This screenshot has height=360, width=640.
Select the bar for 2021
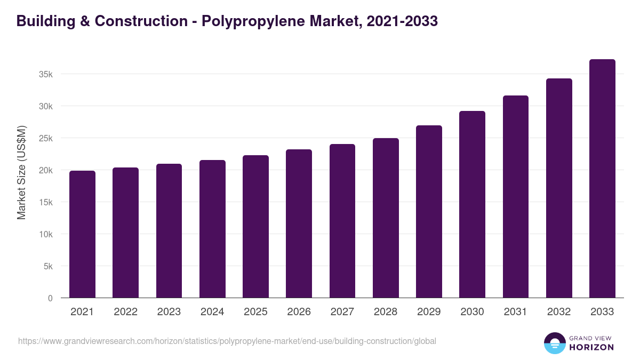click(82, 235)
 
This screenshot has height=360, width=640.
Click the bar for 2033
click(602, 179)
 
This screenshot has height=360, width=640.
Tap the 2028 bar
click(386, 218)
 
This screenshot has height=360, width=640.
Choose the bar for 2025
click(255, 227)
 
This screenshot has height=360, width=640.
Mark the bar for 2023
click(169, 231)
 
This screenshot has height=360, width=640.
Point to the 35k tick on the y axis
click(46, 74)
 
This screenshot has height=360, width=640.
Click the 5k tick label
click(49, 266)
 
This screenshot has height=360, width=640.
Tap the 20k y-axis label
click(46, 170)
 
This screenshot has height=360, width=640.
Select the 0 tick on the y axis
click(50, 298)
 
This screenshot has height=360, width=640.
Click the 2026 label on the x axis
click(299, 312)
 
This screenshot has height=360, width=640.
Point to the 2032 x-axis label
click(559, 312)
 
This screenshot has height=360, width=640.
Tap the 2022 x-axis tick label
click(125, 312)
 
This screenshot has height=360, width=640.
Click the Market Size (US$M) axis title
click(21, 173)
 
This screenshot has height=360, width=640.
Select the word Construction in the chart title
click(141, 21)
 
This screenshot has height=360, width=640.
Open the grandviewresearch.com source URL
click(227, 341)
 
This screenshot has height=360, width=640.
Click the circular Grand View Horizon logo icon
click(554, 343)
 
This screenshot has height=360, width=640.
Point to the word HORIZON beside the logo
click(591, 347)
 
